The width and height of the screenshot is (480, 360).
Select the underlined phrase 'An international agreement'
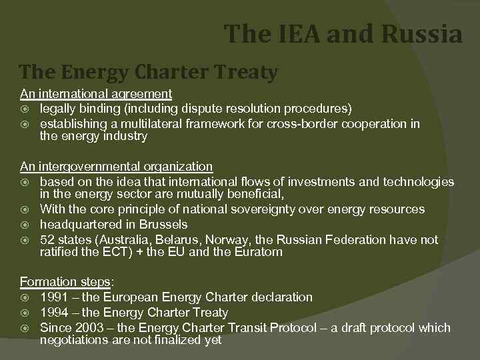click(95, 94)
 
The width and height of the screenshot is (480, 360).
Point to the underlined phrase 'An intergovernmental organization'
click(116, 167)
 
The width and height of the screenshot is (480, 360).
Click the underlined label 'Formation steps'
click(64, 281)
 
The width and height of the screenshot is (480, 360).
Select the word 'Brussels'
click(163, 225)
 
